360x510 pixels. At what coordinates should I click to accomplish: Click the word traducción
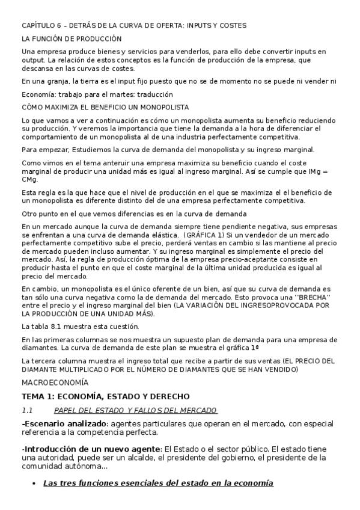[x=156, y=94]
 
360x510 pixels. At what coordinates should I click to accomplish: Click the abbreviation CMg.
[x=29, y=179]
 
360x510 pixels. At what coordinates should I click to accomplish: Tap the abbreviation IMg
[x=310, y=171]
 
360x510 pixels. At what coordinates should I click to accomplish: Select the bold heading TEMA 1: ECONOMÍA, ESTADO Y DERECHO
[x=105, y=396]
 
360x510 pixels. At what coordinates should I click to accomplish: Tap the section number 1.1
[x=26, y=410]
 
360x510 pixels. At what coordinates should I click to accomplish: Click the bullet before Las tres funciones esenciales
[x=32, y=484]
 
